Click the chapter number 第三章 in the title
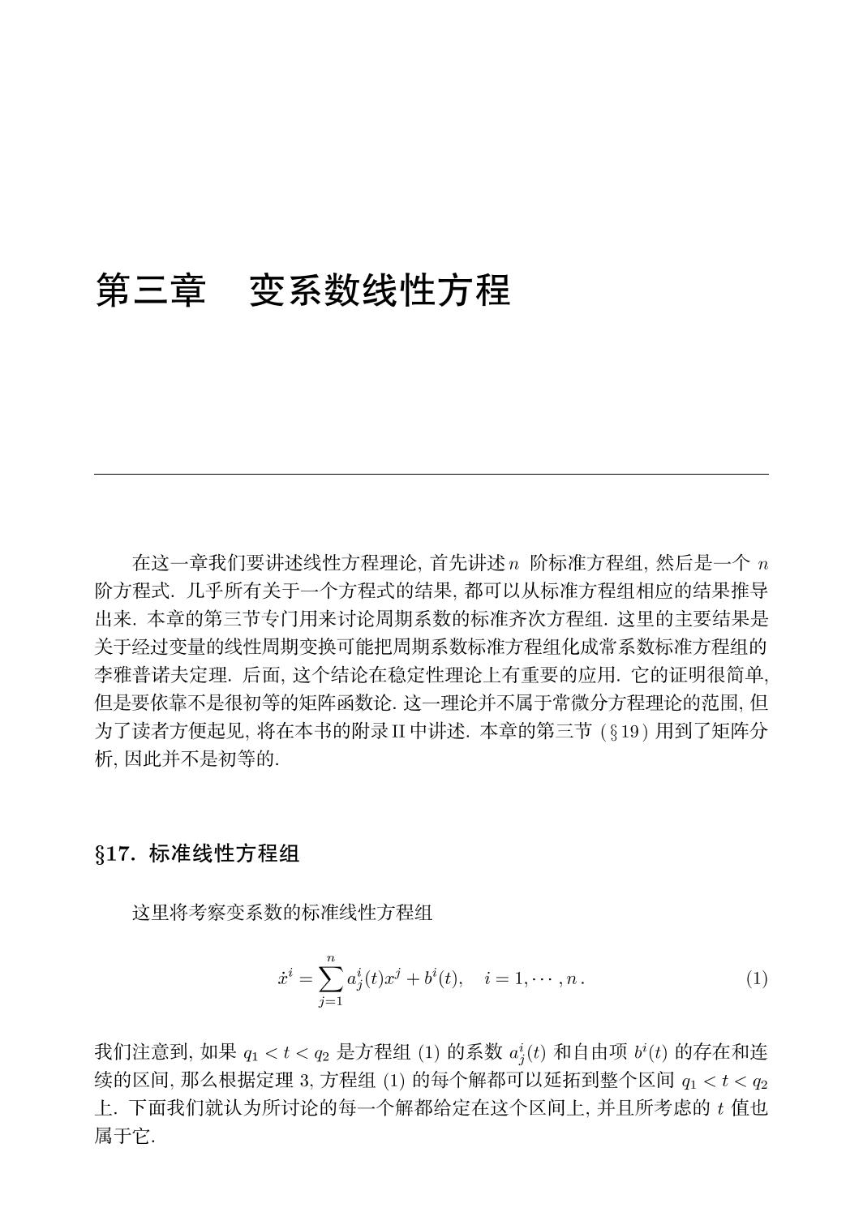click(151, 290)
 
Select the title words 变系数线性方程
click(380, 290)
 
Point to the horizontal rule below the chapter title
click(431, 474)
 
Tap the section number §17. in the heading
click(118, 854)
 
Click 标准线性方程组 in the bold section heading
click(225, 854)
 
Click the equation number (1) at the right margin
click(756, 978)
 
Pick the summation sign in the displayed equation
click(330, 979)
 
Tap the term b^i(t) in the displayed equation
click(438, 978)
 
